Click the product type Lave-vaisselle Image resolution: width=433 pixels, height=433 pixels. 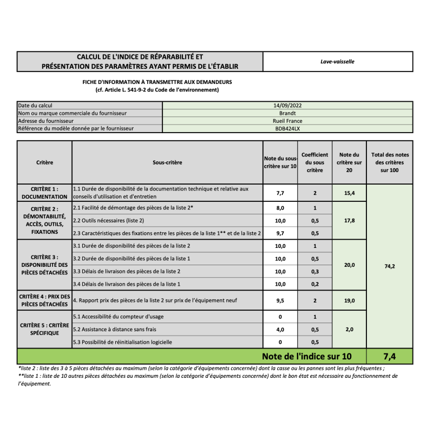coord(337,62)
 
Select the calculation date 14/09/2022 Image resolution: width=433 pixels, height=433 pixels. coord(287,106)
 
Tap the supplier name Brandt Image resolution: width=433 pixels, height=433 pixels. coord(287,113)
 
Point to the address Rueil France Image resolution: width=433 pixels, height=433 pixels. coord(287,121)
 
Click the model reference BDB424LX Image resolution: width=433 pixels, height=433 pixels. coord(287,129)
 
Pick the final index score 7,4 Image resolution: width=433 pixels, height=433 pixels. coord(390,356)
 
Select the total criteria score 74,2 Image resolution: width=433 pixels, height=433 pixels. coord(390,266)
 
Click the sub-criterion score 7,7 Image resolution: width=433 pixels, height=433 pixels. coord(280,193)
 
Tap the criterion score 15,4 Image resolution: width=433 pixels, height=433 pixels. coord(349,193)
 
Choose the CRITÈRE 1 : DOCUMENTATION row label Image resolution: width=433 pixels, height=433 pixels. coord(45,193)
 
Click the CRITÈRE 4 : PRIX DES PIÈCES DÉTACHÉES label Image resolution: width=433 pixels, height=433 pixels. coord(45,300)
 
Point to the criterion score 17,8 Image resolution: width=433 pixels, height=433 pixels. coord(349,220)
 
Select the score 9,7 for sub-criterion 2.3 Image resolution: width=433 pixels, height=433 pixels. coord(280,233)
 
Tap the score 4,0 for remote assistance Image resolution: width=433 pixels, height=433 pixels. coord(280,329)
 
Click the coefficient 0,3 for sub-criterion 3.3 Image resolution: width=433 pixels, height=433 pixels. coord(314,271)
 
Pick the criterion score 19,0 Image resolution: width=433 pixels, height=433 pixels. coord(349,300)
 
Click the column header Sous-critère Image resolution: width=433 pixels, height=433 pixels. coord(167,162)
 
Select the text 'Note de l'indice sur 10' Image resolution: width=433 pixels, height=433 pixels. coord(306,356)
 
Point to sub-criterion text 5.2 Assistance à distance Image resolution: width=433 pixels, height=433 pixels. coord(114,329)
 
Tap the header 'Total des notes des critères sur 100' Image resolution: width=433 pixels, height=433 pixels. coord(390,162)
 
